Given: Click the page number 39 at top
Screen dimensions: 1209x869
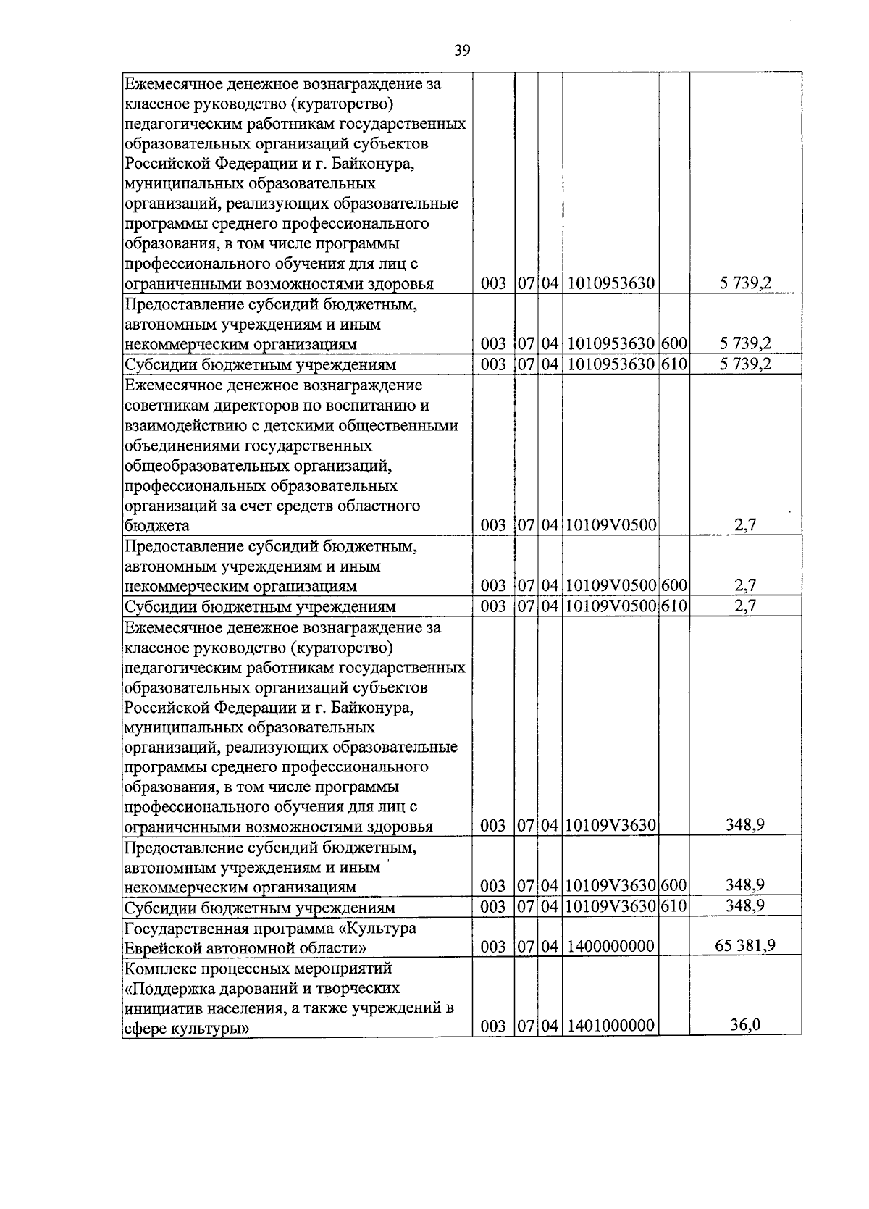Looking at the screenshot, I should [x=462, y=50].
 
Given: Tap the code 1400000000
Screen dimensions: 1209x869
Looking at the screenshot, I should [x=611, y=946].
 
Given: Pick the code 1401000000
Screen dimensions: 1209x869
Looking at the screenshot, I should [x=611, y=1026].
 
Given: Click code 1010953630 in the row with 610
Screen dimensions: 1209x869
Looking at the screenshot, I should [x=611, y=364].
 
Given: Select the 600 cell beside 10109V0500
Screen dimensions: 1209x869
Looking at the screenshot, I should [x=673, y=585].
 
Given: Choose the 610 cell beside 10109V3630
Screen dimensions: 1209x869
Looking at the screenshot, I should [x=673, y=906].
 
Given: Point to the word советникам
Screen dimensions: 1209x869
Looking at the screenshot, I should [x=165, y=405].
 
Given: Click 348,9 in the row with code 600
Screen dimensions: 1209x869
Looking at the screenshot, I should [x=745, y=884].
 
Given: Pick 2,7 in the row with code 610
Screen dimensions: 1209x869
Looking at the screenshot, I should [x=745, y=606].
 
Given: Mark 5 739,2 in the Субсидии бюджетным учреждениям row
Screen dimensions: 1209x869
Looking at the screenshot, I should [x=745, y=364].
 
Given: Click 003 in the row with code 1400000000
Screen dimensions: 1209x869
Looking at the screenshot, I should [x=493, y=946].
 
